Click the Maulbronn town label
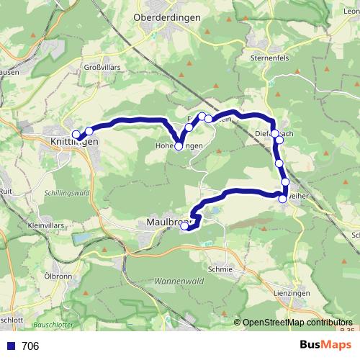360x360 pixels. click(x=164, y=222)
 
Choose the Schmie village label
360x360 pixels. click(x=220, y=269)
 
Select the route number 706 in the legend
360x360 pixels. click(x=30, y=346)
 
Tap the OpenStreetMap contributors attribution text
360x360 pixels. click(x=297, y=323)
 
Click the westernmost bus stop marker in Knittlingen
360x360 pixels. click(x=76, y=135)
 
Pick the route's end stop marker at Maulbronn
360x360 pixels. click(x=184, y=227)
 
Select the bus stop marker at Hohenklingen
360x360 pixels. click(x=179, y=145)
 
